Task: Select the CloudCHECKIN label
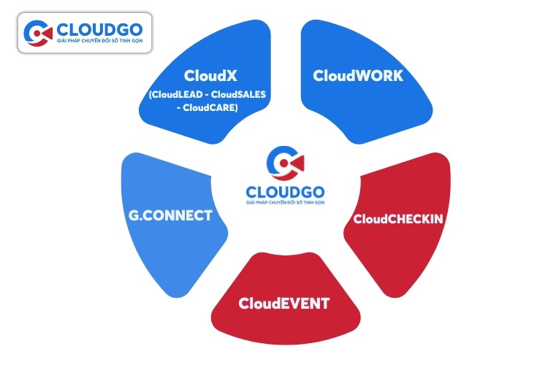click(398, 218)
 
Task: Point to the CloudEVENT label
click(283, 304)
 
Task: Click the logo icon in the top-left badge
click(38, 34)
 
